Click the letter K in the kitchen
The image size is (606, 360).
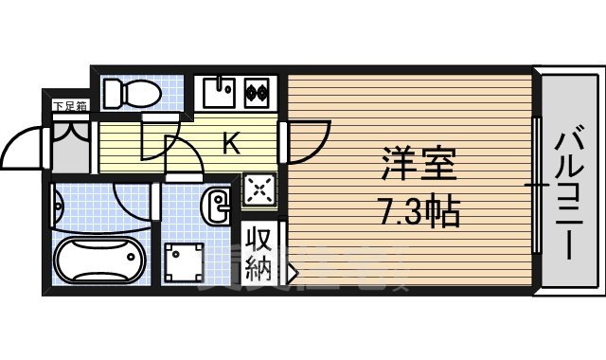point(230,144)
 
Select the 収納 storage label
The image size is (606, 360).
point(258,253)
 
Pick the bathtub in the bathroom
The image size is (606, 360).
point(98,261)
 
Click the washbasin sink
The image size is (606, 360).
point(218,203)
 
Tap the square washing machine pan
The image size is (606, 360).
point(185,261)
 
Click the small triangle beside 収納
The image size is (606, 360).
point(292,275)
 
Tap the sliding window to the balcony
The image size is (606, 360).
point(537,185)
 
